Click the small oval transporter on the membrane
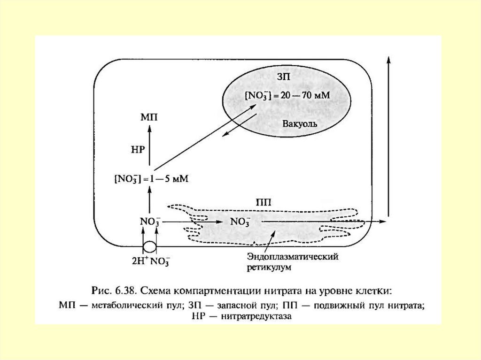click(x=149, y=246)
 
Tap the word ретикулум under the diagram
click(x=269, y=267)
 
